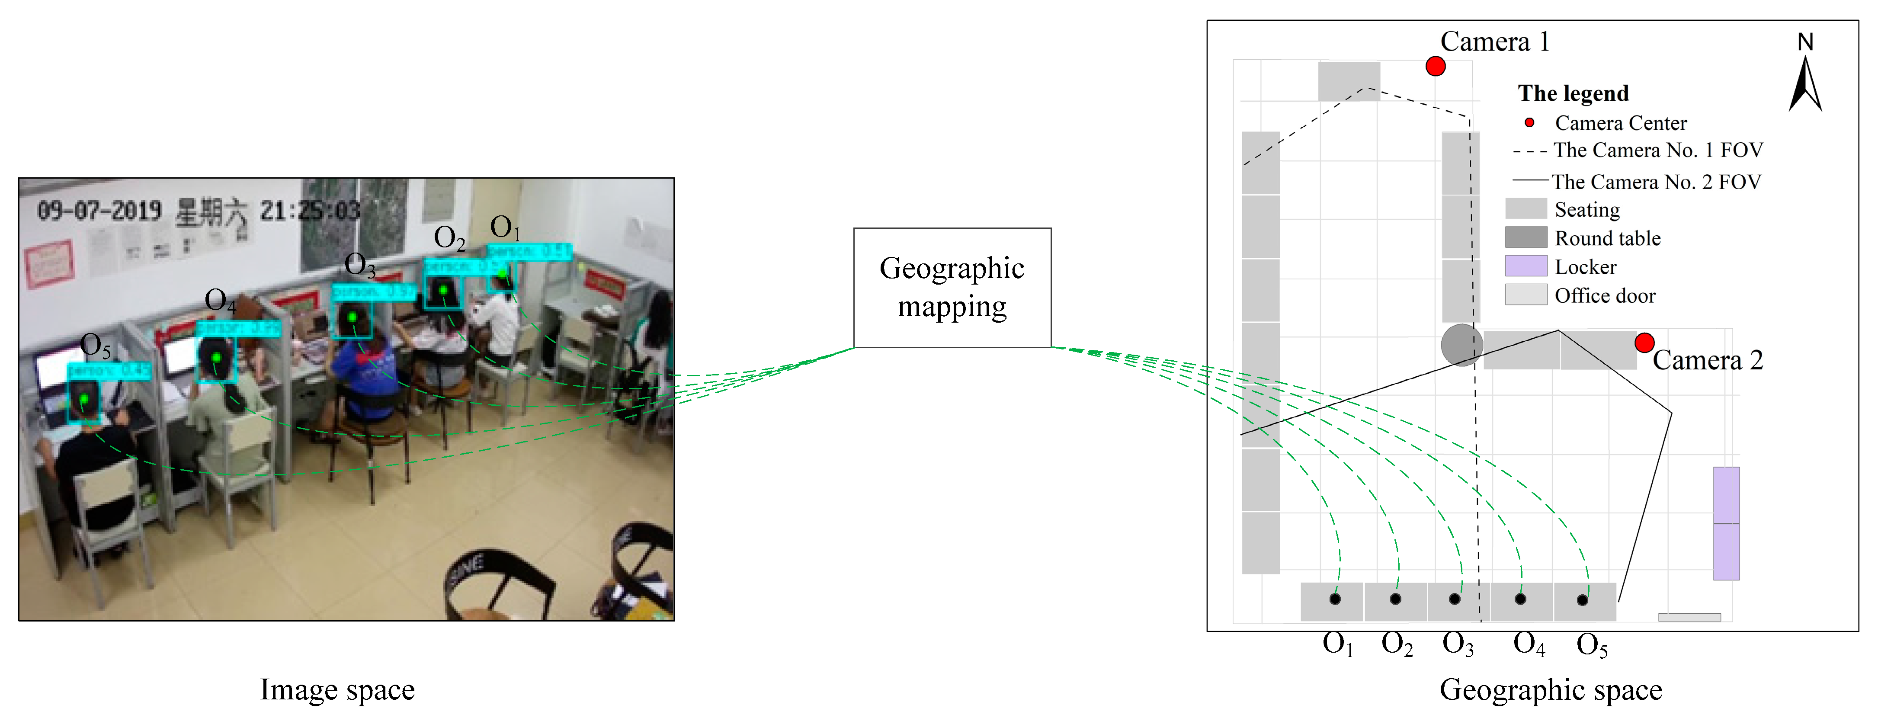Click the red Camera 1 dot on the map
(1435, 66)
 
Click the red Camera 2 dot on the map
(1644, 343)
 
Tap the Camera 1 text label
(1494, 42)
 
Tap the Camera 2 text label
(1708, 360)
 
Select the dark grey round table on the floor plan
(1461, 345)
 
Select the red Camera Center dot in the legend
(1529, 122)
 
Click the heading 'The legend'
(1573, 93)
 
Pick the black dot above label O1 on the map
(1334, 599)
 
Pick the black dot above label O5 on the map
(1582, 600)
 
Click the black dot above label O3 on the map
(1455, 599)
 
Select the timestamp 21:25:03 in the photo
(310, 211)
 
